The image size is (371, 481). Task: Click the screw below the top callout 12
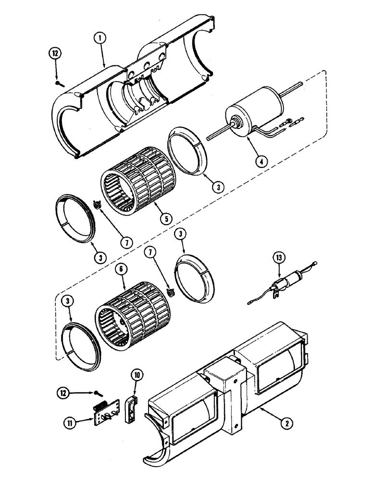(58, 83)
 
